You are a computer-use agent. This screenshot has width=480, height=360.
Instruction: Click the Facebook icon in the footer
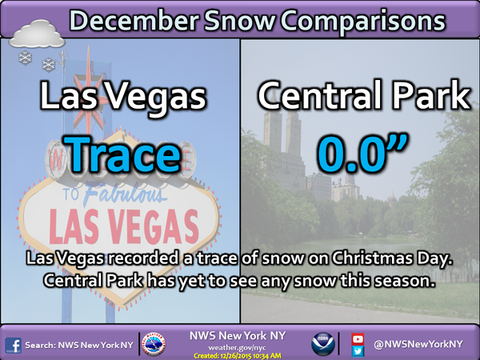tap(13, 346)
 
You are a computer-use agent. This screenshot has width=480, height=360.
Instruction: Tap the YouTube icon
tap(358, 339)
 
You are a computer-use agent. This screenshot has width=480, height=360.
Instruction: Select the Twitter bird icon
tap(358, 351)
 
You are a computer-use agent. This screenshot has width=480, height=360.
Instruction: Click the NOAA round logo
tap(323, 344)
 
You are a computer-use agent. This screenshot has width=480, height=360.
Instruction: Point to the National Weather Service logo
tap(154, 344)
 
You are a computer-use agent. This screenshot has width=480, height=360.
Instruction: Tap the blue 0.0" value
tap(362, 153)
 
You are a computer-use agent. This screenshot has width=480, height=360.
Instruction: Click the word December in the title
tap(133, 21)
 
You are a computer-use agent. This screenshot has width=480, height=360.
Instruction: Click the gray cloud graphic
tap(37, 34)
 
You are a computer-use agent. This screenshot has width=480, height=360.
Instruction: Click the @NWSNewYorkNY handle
tap(418, 344)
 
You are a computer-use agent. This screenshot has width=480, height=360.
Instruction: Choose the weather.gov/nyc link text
tap(237, 348)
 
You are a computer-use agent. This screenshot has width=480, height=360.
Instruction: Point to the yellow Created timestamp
tap(238, 356)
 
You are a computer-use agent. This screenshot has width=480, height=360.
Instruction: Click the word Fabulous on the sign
tap(123, 194)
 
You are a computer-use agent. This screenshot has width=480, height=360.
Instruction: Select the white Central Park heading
tap(364, 95)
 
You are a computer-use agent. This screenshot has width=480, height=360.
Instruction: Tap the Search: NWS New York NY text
tap(79, 346)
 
